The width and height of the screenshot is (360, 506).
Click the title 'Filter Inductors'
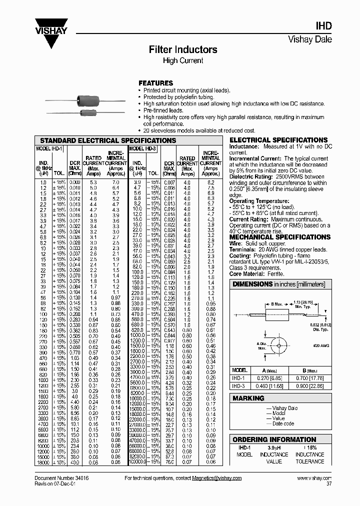[183, 49]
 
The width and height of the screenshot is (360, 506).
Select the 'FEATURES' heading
[155, 83]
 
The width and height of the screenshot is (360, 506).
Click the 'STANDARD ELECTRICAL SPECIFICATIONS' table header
[107, 140]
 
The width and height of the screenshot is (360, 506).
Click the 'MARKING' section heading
[248, 398]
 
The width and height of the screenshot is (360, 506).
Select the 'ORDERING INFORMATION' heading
[274, 439]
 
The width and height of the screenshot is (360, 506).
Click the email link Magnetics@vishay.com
[217, 478]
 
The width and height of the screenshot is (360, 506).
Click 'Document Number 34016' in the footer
[58, 478]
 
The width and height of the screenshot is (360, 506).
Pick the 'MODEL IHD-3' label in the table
[143, 148]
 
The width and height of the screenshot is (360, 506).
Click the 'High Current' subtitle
[183, 60]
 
